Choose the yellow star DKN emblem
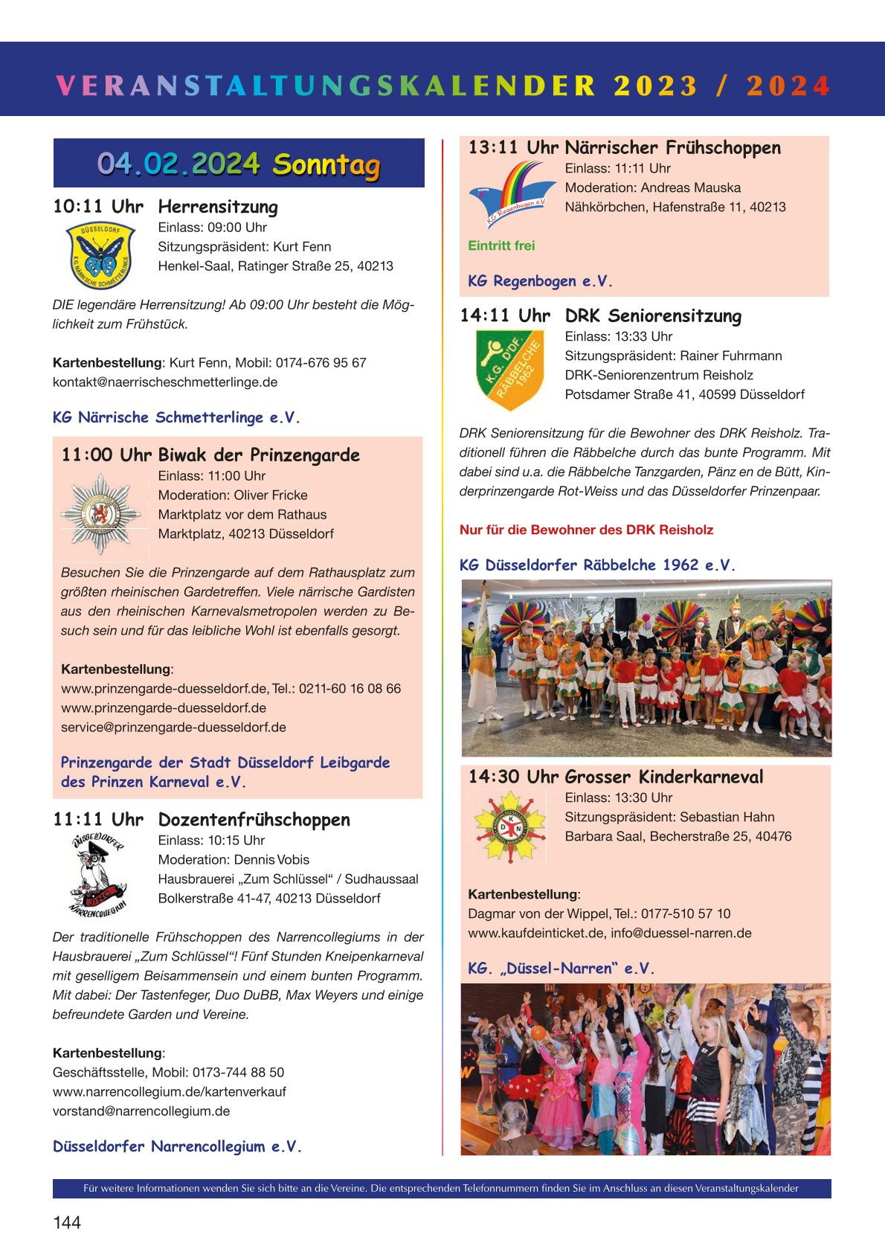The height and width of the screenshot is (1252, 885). point(510,827)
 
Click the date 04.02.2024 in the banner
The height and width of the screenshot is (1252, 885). point(178,164)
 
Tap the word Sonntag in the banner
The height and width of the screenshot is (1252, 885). point(326,164)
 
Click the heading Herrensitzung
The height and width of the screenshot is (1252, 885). point(218,207)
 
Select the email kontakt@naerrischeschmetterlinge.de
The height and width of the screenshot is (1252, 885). point(165,382)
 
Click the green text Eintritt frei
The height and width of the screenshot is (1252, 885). point(501,245)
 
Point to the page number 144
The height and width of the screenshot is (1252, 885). point(67,1222)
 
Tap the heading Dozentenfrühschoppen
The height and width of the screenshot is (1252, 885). point(254,820)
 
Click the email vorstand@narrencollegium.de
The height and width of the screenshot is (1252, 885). point(141,1111)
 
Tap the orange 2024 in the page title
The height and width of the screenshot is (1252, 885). point(788,86)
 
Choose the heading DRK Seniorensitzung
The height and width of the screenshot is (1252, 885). point(653,316)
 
